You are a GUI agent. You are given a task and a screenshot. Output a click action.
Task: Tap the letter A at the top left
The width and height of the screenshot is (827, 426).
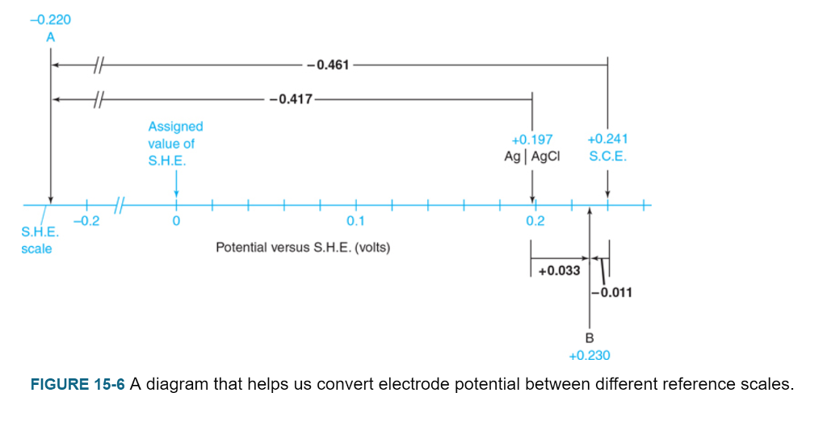pyautogui.click(x=50, y=37)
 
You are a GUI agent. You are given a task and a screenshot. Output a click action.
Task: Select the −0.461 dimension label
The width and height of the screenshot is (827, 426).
pyautogui.click(x=327, y=65)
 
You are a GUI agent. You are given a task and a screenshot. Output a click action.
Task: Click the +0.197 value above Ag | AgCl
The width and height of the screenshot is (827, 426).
pyautogui.click(x=532, y=140)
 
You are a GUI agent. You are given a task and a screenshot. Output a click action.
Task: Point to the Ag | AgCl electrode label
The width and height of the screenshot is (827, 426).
pyautogui.click(x=531, y=156)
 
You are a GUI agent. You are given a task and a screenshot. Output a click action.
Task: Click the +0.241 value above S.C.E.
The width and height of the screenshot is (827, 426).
pyautogui.click(x=607, y=140)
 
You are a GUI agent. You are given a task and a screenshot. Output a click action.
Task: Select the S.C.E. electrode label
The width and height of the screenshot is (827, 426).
pyautogui.click(x=607, y=156)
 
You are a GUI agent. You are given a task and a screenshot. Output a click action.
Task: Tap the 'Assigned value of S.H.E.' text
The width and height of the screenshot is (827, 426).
pyautogui.click(x=175, y=144)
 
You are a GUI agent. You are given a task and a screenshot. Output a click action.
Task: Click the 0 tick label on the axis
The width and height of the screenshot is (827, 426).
pyautogui.click(x=176, y=221)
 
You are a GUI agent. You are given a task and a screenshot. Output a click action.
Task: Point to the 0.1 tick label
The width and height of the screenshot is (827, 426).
pyautogui.click(x=355, y=221)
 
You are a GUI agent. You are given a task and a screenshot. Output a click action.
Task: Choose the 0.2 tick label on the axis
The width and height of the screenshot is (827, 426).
pyautogui.click(x=535, y=221)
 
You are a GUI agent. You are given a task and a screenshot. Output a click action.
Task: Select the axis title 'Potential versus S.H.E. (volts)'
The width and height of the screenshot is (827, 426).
pyautogui.click(x=303, y=248)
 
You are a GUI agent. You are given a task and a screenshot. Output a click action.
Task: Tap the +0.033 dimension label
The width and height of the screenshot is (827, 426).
pyautogui.click(x=559, y=271)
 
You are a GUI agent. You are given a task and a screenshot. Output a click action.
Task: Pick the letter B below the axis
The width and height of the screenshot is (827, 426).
pyautogui.click(x=590, y=337)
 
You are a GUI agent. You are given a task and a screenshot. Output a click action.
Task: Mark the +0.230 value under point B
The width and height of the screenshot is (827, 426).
pyautogui.click(x=590, y=355)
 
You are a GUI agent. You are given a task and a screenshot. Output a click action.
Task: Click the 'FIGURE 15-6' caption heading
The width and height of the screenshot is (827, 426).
pyautogui.click(x=78, y=384)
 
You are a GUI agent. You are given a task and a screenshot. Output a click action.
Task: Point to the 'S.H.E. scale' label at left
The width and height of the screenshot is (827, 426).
pyautogui.click(x=36, y=240)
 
